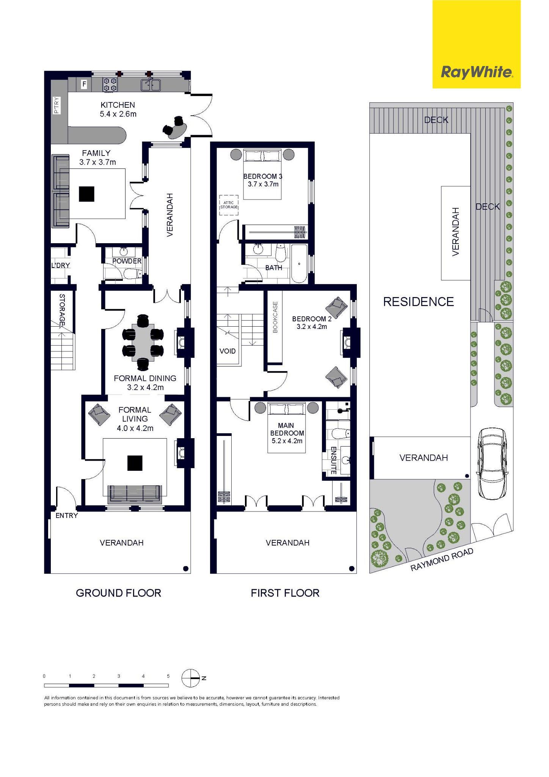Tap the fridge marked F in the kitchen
tap(84, 84)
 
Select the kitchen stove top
tap(110, 84)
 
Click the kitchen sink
tap(151, 85)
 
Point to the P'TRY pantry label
tap(56, 105)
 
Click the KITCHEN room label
tap(118, 105)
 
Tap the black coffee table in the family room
tap(87, 194)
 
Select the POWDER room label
tap(127, 261)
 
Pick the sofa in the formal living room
tap(135, 494)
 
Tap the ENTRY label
tap(67, 516)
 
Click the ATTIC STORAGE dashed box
tap(229, 205)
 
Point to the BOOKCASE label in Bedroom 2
tap(275, 317)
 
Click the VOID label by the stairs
tap(227, 351)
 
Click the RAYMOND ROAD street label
tap(442, 560)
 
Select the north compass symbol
tap(191, 678)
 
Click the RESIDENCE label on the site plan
tap(419, 302)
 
